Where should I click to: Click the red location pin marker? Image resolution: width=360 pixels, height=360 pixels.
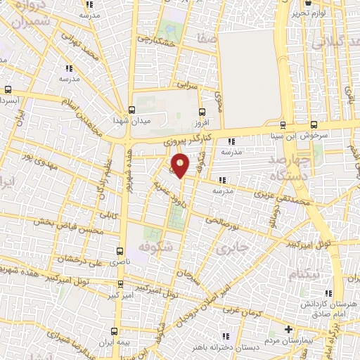(x=181, y=166)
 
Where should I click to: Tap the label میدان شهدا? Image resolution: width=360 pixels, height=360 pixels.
(x=131, y=120)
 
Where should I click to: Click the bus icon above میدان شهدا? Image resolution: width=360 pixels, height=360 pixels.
(x=131, y=109)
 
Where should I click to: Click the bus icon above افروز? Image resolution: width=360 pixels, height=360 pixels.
(x=202, y=110)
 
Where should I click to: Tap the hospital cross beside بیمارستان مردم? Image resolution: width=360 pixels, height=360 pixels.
(x=288, y=329)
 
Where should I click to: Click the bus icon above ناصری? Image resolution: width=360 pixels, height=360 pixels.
(x=120, y=250)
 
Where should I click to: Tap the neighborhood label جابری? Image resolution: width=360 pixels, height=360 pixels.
(x=231, y=248)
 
